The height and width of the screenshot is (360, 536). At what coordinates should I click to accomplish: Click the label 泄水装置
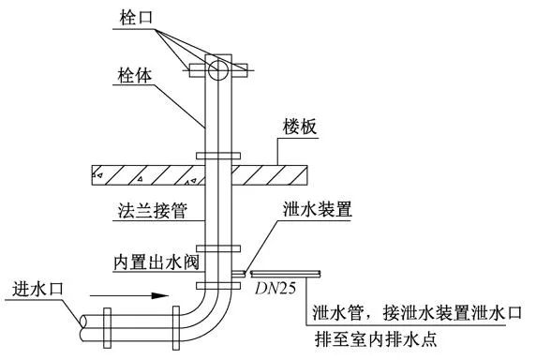[x=316, y=211]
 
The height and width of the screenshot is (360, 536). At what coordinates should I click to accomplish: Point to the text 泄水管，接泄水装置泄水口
[x=419, y=313]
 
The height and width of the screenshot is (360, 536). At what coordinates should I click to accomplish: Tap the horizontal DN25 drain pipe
[x=287, y=273]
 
